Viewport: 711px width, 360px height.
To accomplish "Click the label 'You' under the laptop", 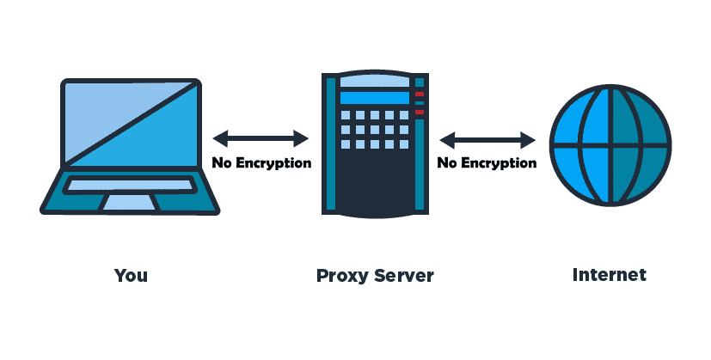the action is click(x=131, y=275).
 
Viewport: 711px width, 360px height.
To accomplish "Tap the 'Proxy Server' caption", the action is click(x=375, y=276).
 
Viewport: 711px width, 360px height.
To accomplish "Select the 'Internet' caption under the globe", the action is click(x=610, y=275).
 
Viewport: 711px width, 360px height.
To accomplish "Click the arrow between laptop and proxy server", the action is click(x=260, y=138).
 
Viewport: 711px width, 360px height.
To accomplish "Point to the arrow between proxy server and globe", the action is click(x=488, y=140).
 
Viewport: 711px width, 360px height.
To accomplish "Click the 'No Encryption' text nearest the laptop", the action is click(x=261, y=162).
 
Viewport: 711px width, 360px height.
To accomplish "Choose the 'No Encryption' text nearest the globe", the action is click(x=487, y=162).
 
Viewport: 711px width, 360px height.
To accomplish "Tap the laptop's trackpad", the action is click(x=131, y=202).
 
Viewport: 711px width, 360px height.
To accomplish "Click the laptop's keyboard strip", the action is click(x=130, y=185).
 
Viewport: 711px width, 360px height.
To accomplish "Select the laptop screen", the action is click(x=131, y=124).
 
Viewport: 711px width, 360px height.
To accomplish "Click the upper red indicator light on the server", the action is click(x=420, y=95).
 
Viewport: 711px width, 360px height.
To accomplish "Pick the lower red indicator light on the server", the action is click(x=420, y=112).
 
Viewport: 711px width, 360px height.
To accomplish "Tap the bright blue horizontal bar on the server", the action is click(x=375, y=98).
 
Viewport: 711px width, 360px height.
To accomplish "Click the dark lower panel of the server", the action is click(x=375, y=181).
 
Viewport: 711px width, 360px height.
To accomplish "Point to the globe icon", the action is click(x=610, y=145).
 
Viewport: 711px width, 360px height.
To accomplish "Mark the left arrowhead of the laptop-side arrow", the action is click(x=220, y=138).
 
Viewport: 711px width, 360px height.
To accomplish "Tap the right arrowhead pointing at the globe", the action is click(x=529, y=140).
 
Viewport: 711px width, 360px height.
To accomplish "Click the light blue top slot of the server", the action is click(x=375, y=82).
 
